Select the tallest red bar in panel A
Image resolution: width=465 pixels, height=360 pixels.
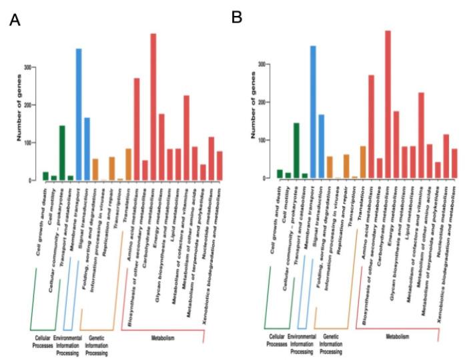coord(153,107)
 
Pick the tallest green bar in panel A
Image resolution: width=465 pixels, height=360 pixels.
coord(62,153)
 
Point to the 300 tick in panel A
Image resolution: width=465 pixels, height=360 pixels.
coord(28,67)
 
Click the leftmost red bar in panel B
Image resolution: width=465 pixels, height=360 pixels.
coord(372,127)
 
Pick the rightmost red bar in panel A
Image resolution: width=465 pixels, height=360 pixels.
coord(219,166)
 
